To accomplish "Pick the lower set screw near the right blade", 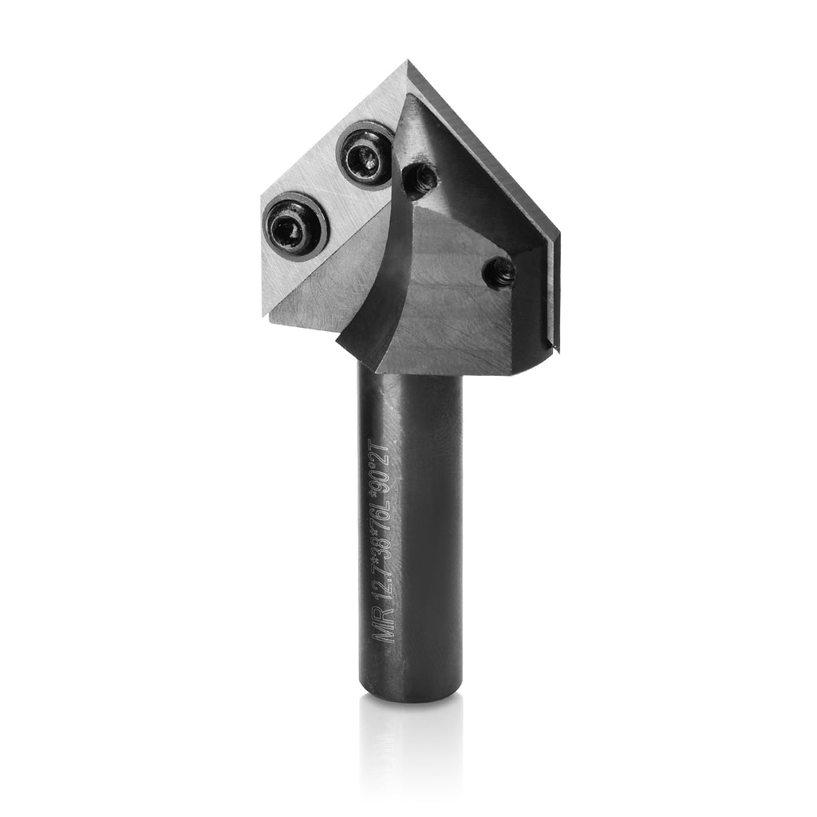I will pyautogui.click(x=499, y=274).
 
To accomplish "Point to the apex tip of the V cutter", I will pyautogui.click(x=407, y=62).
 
